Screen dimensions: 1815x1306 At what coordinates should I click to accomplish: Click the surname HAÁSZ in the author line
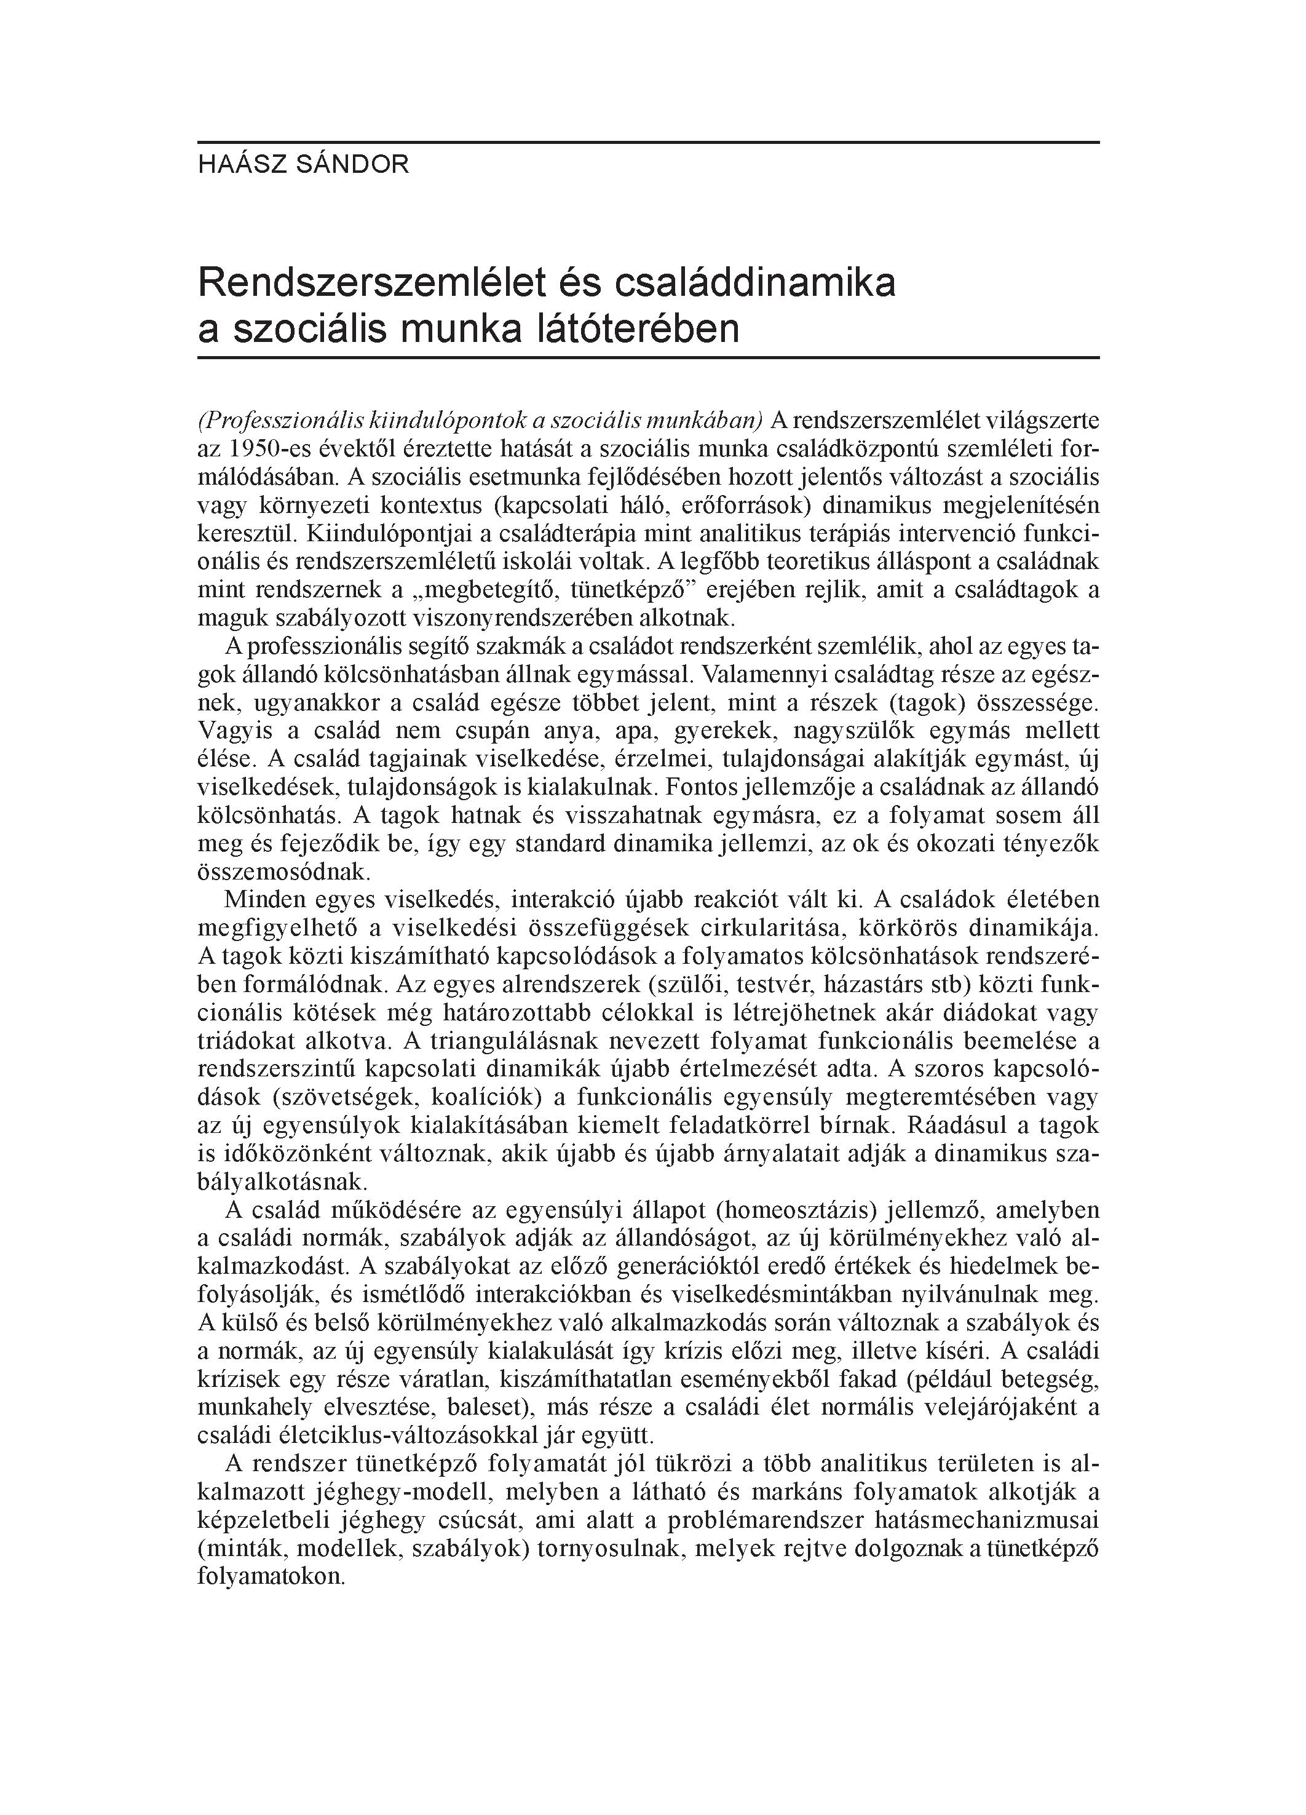[231, 165]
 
